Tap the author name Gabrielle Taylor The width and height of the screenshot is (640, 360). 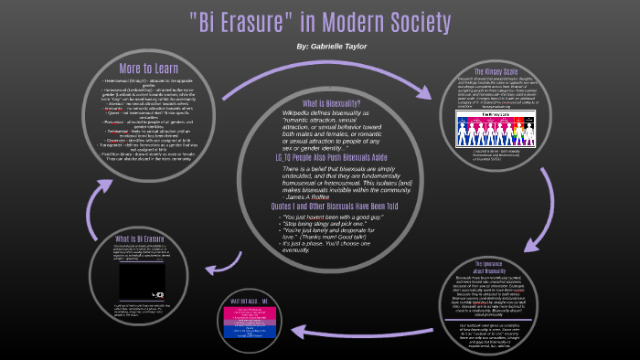pos(335,45)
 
